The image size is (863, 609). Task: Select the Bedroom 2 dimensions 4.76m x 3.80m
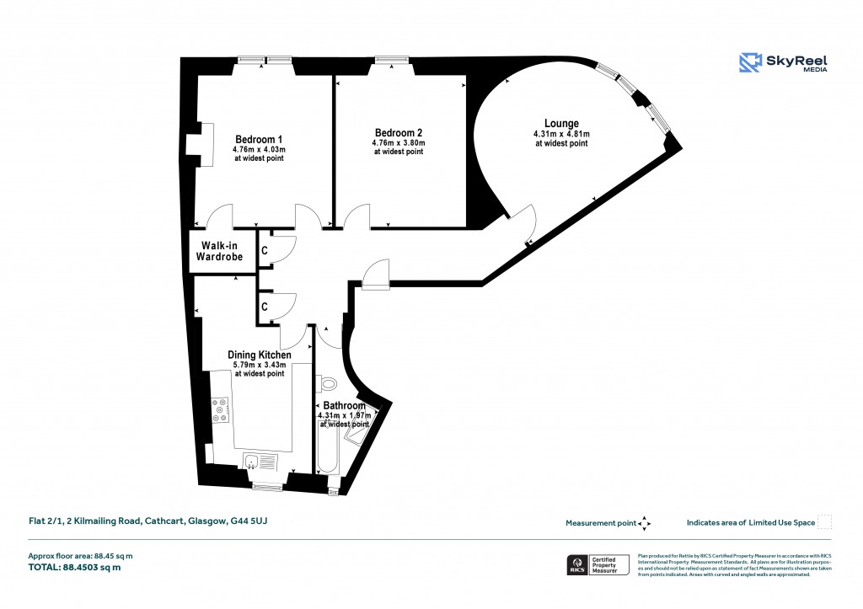point(399,143)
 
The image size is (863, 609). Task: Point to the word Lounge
point(561,124)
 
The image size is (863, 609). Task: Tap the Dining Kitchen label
point(260,355)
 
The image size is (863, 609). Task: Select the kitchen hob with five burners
point(220,409)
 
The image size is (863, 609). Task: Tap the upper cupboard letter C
point(264,251)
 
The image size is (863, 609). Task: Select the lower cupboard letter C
point(264,307)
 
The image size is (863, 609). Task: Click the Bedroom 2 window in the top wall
point(393,60)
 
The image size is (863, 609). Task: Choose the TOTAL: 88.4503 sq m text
point(74,568)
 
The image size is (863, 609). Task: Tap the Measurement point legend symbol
point(644,523)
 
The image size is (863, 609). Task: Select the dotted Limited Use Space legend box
point(825,522)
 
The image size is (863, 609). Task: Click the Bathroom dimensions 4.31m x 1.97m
point(344,415)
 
